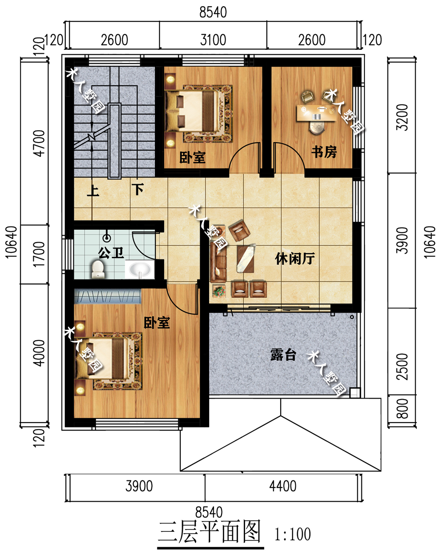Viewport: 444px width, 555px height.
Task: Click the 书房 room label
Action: coord(324,152)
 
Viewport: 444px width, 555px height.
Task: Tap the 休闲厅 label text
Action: coord(295,258)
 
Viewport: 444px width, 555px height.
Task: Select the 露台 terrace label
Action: coord(283,355)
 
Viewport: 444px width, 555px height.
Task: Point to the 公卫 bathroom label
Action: coord(111,253)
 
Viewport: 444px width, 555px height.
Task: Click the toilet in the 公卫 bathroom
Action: coord(98,269)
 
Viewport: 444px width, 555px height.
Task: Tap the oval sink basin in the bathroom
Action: coord(139,269)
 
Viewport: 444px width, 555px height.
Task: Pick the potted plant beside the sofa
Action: coord(219,291)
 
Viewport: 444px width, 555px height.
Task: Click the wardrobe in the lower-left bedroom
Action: coord(107,296)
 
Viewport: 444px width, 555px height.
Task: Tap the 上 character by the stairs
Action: coord(93,191)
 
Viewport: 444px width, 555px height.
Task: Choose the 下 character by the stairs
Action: coord(138,189)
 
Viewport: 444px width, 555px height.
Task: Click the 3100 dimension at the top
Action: coord(213,40)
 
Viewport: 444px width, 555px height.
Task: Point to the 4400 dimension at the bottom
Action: coord(282,486)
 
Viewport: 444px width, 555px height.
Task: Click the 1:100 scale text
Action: coord(293,534)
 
